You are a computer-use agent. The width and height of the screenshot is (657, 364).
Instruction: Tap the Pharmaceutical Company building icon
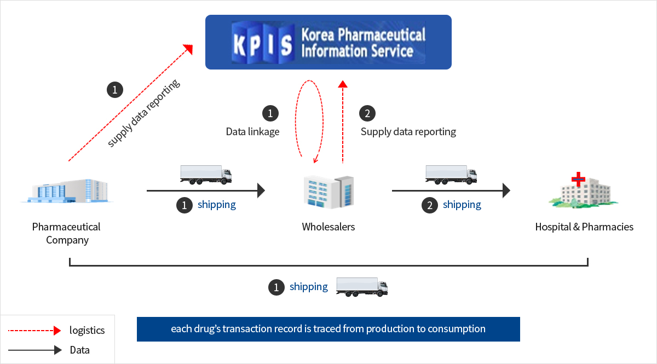67,190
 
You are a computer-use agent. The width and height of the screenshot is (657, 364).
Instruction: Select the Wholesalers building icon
328,192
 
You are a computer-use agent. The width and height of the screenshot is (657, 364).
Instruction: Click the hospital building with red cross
584,190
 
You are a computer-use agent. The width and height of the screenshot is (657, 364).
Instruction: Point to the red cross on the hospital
578,179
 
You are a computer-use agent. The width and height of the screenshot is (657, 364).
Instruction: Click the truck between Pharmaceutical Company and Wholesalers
206,175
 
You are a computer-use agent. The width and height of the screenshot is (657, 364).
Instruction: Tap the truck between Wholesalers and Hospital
451,175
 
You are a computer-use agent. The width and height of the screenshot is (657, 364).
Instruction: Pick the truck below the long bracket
362,287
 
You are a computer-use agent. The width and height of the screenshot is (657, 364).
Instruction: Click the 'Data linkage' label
252,132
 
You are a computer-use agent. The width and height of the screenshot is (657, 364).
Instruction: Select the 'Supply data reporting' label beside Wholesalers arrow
408,132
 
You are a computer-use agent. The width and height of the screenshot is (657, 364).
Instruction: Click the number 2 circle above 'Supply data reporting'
367,113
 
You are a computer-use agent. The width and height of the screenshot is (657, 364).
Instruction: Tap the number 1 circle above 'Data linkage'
270,113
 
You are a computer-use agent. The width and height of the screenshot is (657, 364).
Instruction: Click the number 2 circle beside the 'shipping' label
430,205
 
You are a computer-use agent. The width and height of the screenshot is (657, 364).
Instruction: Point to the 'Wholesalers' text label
328,227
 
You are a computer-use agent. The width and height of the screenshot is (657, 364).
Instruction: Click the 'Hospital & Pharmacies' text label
584,227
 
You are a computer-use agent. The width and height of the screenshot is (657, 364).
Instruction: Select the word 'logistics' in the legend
87,330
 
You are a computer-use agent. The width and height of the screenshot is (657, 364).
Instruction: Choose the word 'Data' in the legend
79,350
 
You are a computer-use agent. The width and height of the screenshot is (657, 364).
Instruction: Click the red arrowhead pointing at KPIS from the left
188,49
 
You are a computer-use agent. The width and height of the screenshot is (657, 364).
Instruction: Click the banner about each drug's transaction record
328,329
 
